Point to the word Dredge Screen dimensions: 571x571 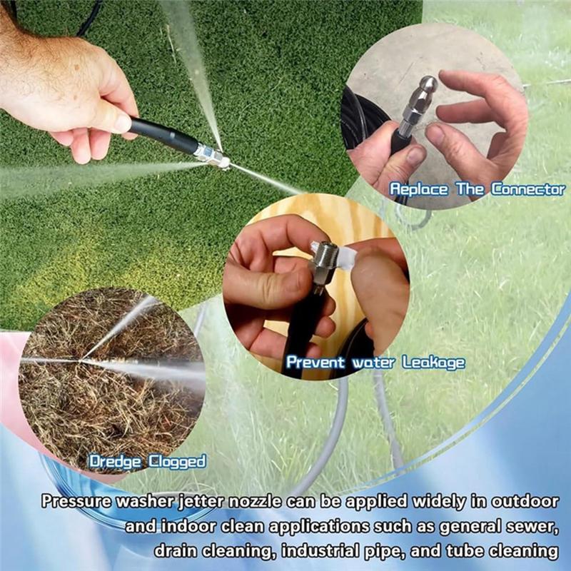pyautogui.click(x=114, y=461)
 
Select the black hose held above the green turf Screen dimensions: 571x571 pyautogui.click(x=161, y=135)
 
